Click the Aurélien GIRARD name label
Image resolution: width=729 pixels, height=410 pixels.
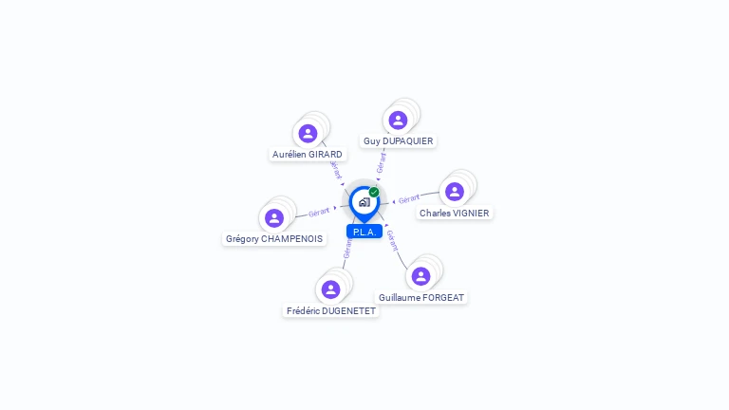[x=308, y=154]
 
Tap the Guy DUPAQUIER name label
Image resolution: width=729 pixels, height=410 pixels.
[x=398, y=140]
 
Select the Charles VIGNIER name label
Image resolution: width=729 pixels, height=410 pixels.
[x=454, y=213]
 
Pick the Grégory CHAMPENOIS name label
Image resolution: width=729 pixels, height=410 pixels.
[x=273, y=238]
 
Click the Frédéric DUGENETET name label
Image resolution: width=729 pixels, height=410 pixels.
[x=331, y=310]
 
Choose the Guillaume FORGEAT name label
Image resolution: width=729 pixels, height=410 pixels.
[x=421, y=297]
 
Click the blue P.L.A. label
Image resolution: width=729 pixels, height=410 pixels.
[x=364, y=232]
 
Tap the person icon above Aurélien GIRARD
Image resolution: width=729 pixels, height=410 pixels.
[x=308, y=134]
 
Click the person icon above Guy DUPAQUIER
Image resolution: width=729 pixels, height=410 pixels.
[x=398, y=120]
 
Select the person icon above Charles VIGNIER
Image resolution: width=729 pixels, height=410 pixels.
[x=455, y=192]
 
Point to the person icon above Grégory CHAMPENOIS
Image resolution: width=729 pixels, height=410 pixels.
[x=274, y=218]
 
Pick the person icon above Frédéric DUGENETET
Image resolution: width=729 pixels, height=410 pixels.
[x=330, y=289]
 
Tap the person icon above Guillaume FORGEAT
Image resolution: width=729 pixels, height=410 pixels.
[x=421, y=276]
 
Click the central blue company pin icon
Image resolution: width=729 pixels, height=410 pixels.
[x=364, y=202]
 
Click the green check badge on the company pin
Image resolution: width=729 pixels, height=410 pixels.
[x=374, y=193]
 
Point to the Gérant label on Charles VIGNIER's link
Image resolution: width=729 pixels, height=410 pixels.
[x=409, y=199]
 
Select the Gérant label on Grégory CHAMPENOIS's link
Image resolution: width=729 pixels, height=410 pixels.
[x=319, y=212]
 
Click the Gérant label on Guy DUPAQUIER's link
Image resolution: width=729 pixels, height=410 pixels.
[x=382, y=162]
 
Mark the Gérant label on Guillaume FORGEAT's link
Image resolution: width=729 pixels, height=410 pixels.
[x=392, y=240]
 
